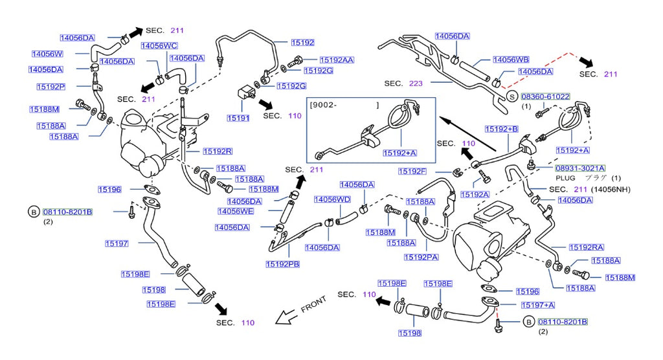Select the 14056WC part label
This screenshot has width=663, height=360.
click(159, 46)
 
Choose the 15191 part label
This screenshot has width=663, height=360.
click(238, 118)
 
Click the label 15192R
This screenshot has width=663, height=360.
click(217, 151)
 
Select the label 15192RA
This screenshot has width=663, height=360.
click(586, 247)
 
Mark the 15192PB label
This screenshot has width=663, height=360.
click(282, 264)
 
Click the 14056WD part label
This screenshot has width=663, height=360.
click(332, 199)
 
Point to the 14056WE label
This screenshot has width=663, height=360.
click(236, 211)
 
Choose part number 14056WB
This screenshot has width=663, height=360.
click(511, 60)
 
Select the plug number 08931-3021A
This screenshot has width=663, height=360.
click(579, 168)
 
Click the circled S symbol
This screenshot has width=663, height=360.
click(511, 96)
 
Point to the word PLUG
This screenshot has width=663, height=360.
click(565, 177)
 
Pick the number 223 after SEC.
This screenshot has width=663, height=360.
click(415, 84)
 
